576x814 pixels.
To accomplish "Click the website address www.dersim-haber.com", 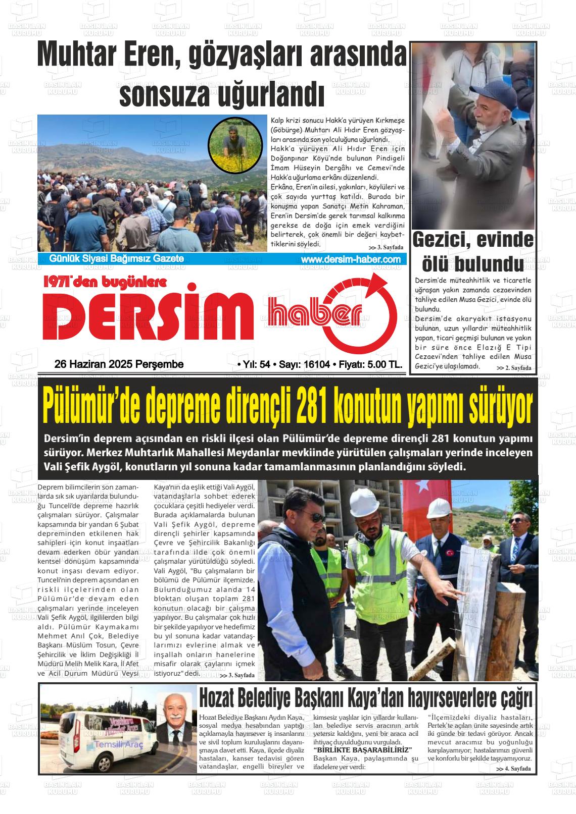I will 350,259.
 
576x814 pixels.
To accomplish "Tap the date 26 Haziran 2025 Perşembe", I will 119,364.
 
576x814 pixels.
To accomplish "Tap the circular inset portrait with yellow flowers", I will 235,145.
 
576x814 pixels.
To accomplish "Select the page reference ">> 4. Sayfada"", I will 513,769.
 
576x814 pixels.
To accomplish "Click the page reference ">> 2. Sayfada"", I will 513,368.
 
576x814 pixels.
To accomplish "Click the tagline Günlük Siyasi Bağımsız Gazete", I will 116,259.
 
